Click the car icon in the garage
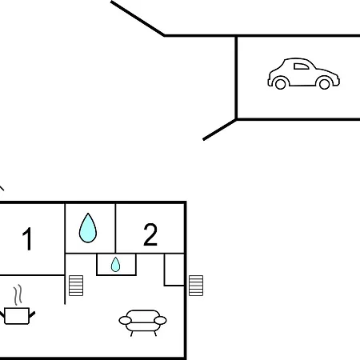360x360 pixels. pyautogui.click(x=303, y=74)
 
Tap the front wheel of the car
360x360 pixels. pyautogui.click(x=324, y=84)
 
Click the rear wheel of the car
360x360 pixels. pyautogui.click(x=280, y=84)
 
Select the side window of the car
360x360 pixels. pyautogui.click(x=301, y=66)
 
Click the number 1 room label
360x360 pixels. pyautogui.click(x=27, y=238)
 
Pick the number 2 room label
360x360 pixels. pyautogui.click(x=150, y=234)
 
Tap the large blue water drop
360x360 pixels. pyautogui.click(x=88, y=228)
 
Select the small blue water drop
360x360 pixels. pyautogui.click(x=115, y=264)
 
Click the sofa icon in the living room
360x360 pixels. pyautogui.click(x=142, y=322)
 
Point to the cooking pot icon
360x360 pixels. pyautogui.click(x=17, y=316)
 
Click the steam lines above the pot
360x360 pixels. pyautogui.click(x=18, y=295)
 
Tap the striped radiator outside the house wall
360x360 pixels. pyautogui.click(x=196, y=286)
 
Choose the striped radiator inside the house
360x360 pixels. pyautogui.click(x=76, y=286)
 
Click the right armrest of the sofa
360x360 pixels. pyautogui.click(x=160, y=320)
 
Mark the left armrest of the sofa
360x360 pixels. pyautogui.click(x=125, y=320)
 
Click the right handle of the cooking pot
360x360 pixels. pyautogui.click(x=32, y=314)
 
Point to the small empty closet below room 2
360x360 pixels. pyautogui.click(x=174, y=270)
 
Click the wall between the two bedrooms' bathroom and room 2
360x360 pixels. pyautogui.click(x=115, y=228)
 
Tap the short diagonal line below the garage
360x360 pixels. pyautogui.click(x=220, y=130)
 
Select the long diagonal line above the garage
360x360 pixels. pyautogui.click(x=138, y=18)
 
